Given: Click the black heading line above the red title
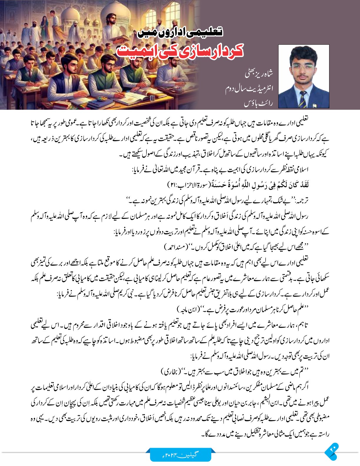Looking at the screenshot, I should tap(180, 31).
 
